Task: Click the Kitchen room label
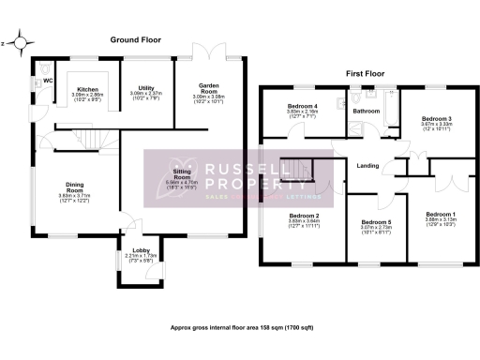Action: point(88,89)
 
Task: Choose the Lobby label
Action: point(139,249)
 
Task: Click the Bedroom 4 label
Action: point(302,106)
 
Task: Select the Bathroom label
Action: point(365,111)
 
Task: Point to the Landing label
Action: point(368,167)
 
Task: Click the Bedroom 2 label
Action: point(304,216)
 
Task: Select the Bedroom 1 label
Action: point(440,215)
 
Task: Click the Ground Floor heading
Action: point(137,39)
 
